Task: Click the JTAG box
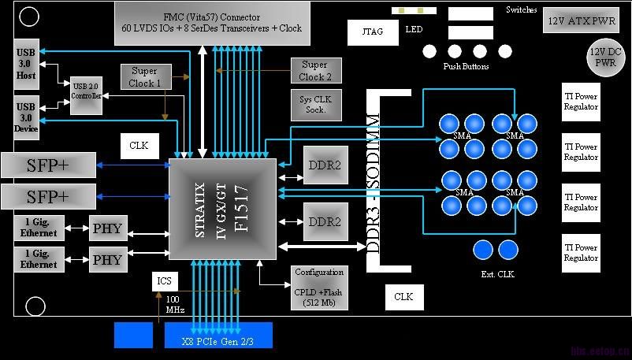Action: [366, 32]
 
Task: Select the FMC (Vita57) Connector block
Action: [211, 22]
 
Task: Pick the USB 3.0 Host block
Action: [26, 65]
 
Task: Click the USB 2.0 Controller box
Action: [86, 96]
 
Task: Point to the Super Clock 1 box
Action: [145, 76]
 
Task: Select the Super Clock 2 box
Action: [315, 71]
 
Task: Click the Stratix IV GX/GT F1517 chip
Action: [223, 210]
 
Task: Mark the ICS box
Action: [163, 280]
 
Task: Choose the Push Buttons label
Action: [466, 67]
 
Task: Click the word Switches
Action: [522, 10]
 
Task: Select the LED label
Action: [414, 30]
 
